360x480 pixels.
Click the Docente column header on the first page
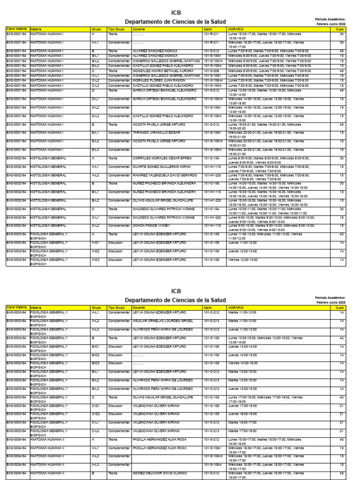139,29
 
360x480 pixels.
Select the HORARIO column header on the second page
236,307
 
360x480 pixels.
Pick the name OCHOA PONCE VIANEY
150,225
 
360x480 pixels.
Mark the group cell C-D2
96,414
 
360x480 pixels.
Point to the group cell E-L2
95,141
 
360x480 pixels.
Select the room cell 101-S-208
212,71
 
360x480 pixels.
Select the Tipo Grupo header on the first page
116,29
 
